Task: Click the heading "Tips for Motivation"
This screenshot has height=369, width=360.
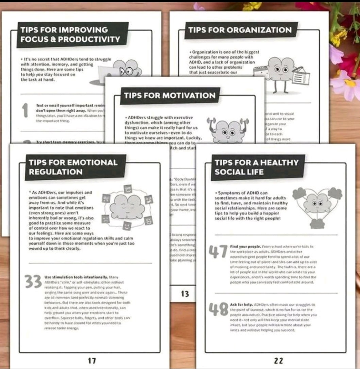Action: pyautogui.click(x=170, y=96)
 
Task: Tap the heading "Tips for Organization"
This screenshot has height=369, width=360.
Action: pyautogui.click(x=240, y=30)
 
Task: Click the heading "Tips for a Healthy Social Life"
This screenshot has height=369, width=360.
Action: pyautogui.click(x=256, y=167)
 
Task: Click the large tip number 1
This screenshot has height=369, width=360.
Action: pyautogui.click(x=25, y=111)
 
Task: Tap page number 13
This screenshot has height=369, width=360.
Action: pyautogui.click(x=185, y=293)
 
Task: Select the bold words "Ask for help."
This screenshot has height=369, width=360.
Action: pyautogui.click(x=241, y=304)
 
